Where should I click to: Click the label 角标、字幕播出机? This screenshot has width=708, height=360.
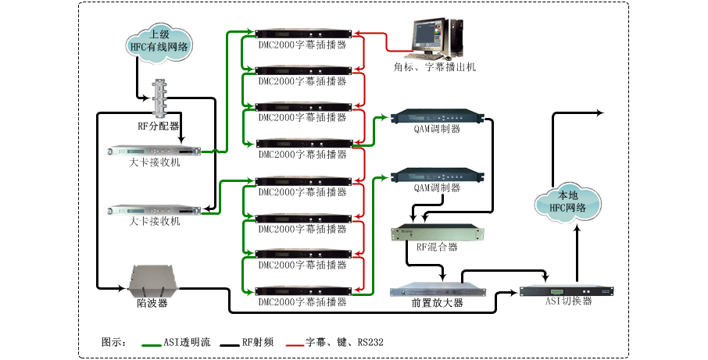coord(434,68)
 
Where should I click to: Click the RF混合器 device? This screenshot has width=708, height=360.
coord(437,233)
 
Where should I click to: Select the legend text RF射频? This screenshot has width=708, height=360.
coord(257,342)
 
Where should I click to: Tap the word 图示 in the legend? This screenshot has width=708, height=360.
coord(113,342)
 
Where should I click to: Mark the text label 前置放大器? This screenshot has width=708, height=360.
coord(437,303)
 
